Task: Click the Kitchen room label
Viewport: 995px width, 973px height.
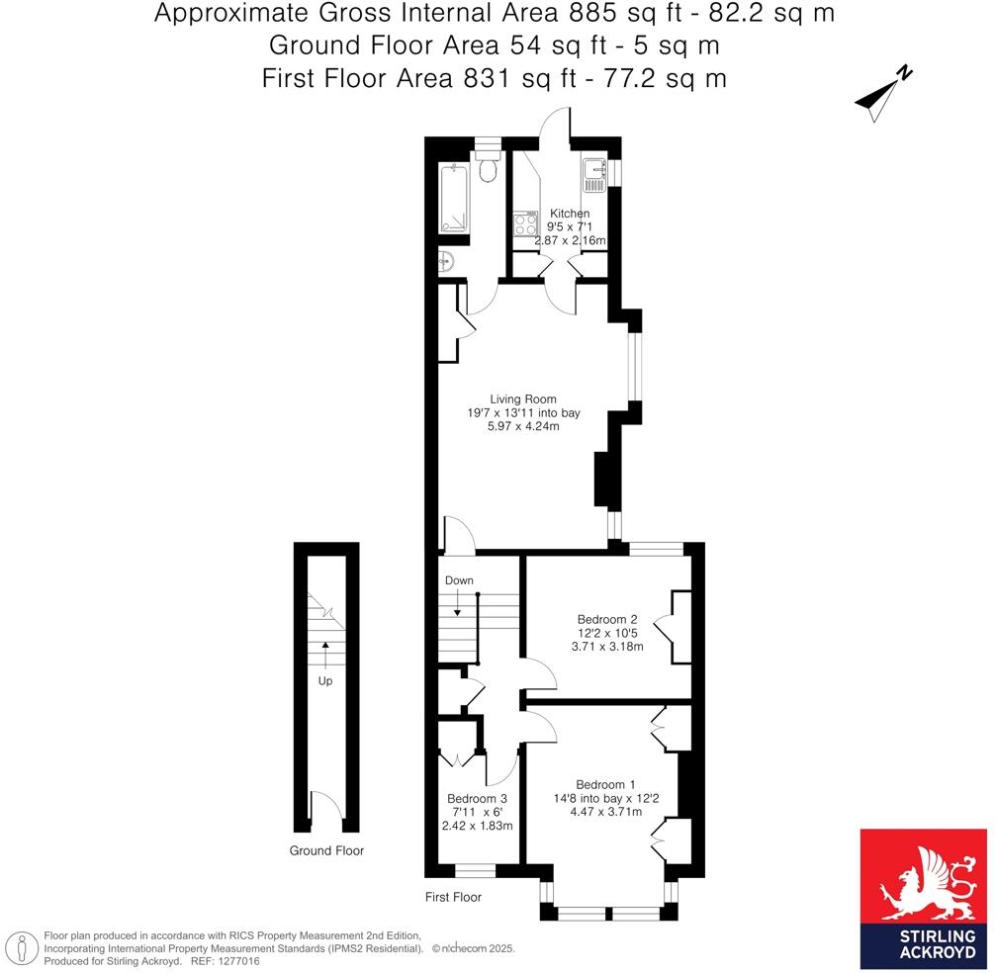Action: click(x=570, y=214)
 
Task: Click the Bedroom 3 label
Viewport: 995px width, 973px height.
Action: click(x=477, y=799)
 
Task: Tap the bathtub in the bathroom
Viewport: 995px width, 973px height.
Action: click(x=458, y=198)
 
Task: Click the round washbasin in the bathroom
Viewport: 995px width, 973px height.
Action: click(x=446, y=262)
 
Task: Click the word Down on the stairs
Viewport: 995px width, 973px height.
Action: click(x=459, y=580)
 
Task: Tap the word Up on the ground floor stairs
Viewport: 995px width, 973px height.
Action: click(x=325, y=680)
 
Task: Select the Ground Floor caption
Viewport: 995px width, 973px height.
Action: click(x=326, y=850)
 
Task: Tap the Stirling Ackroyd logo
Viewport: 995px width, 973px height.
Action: click(x=924, y=898)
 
